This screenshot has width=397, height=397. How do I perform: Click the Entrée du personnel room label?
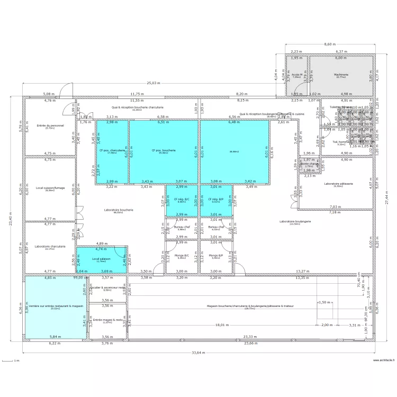click(x=50, y=125)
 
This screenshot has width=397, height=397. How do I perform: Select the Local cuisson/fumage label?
click(x=50, y=187)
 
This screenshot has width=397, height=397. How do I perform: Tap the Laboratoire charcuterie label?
click(x=50, y=246)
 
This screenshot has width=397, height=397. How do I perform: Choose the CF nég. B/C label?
click(x=182, y=199)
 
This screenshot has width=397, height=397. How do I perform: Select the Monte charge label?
click(x=309, y=164)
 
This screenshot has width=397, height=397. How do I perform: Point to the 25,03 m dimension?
click(x=154, y=83)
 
